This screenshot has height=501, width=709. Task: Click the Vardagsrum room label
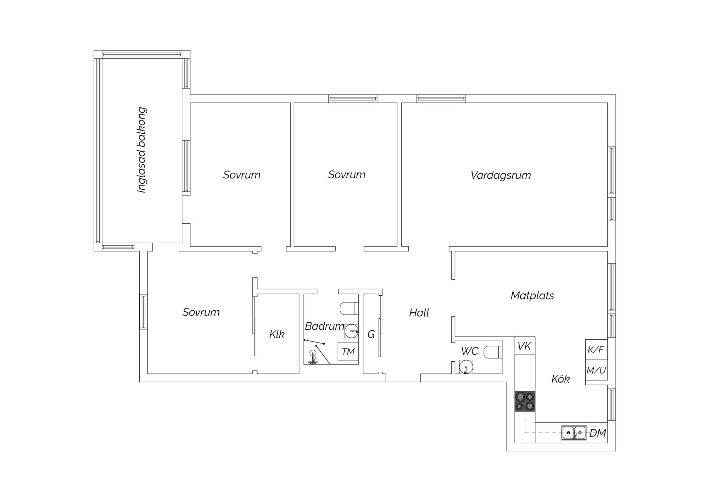[x=501, y=175]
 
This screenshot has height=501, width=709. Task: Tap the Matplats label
[x=532, y=295]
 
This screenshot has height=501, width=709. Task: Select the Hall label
[x=419, y=313]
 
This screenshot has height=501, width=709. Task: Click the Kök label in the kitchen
[x=560, y=379]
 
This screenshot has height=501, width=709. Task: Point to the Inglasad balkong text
[x=142, y=150]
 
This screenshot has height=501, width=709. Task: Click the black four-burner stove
[x=525, y=401]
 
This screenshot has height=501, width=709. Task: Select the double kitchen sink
[x=574, y=433]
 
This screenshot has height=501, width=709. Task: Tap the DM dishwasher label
[x=598, y=433]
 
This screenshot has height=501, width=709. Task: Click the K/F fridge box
[x=596, y=350]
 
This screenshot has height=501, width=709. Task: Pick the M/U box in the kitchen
[x=596, y=371]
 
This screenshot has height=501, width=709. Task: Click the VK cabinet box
[x=525, y=346]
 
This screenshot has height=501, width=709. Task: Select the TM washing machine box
[x=348, y=351]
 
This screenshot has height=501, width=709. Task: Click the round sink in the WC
[x=466, y=367]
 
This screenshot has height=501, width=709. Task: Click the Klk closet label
[x=277, y=334]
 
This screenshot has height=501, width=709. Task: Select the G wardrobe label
[x=371, y=334]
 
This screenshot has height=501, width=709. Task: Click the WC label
[x=470, y=351]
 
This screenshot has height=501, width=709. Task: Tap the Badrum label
[x=324, y=326]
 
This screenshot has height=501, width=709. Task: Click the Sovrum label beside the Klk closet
[x=201, y=312]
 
